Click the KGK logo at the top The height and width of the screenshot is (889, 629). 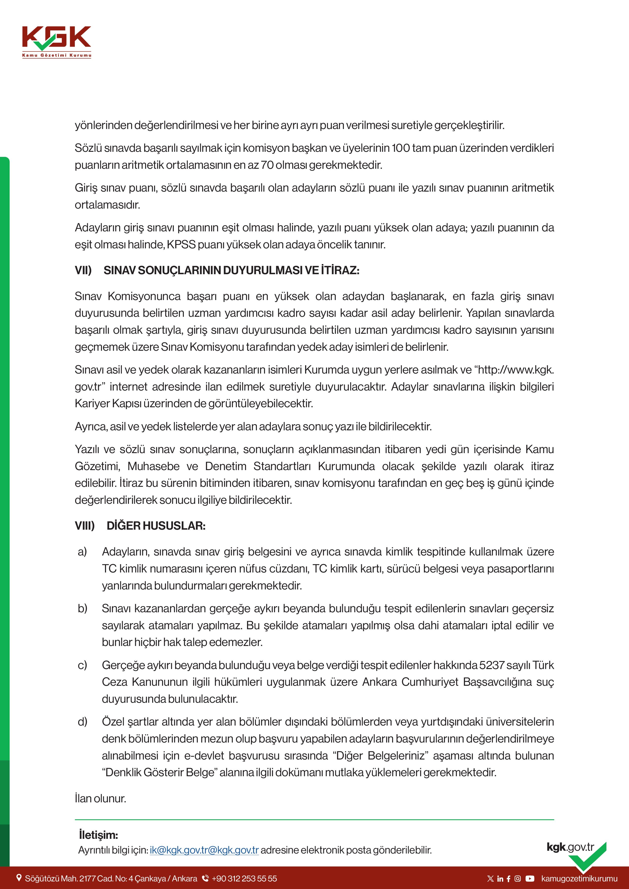[57, 41]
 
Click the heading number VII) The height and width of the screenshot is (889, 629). [83, 270]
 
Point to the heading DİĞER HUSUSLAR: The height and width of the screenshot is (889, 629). [156, 526]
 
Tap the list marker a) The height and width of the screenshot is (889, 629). [82, 551]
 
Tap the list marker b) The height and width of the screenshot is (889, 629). [82, 608]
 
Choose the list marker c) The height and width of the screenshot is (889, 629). [82, 665]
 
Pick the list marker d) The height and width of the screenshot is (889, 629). [82, 722]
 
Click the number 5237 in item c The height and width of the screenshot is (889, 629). [492, 665]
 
